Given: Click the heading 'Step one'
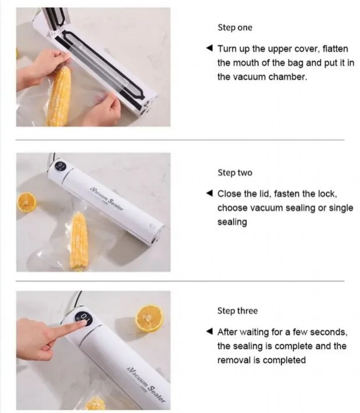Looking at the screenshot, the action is [x=235, y=28].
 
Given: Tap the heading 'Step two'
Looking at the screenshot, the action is [x=235, y=173].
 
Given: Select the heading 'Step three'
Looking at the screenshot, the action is [x=238, y=311].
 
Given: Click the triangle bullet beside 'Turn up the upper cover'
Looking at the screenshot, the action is [x=209, y=48].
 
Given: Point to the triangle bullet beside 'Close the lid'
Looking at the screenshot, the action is [x=209, y=193].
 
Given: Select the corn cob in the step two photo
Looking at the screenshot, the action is [x=79, y=242].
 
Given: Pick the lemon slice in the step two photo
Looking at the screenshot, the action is [x=27, y=202].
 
